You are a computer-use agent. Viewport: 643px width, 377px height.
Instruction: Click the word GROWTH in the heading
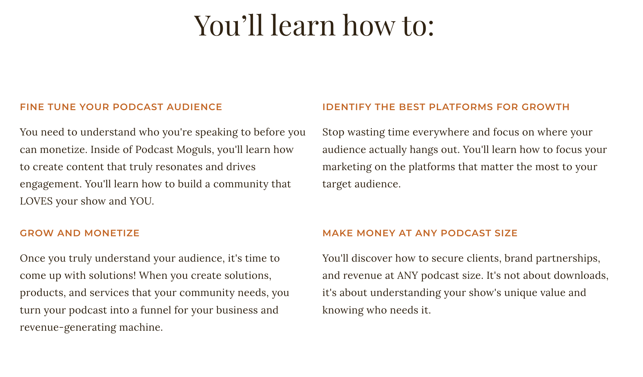pyautogui.click(x=545, y=107)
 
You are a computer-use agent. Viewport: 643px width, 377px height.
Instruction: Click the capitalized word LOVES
pyautogui.click(x=36, y=201)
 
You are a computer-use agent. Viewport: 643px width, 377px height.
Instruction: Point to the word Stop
pyautogui.click(x=333, y=132)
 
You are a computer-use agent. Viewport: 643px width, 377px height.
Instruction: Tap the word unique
pyautogui.click(x=520, y=293)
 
